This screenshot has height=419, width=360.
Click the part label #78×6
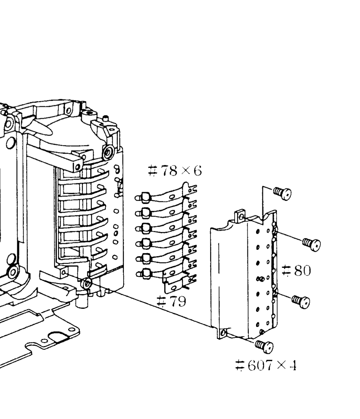click(175, 170)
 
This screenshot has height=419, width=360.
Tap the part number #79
click(171, 301)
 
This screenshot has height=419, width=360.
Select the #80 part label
click(297, 270)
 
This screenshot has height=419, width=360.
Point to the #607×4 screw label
click(266, 365)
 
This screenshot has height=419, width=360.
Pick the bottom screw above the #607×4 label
click(264, 346)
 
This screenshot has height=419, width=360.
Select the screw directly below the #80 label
click(301, 301)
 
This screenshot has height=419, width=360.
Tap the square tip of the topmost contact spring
click(145, 198)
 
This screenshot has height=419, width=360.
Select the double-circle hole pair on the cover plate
click(260, 279)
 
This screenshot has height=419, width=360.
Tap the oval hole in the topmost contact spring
click(172, 197)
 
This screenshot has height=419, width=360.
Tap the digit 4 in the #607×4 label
click(293, 365)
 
